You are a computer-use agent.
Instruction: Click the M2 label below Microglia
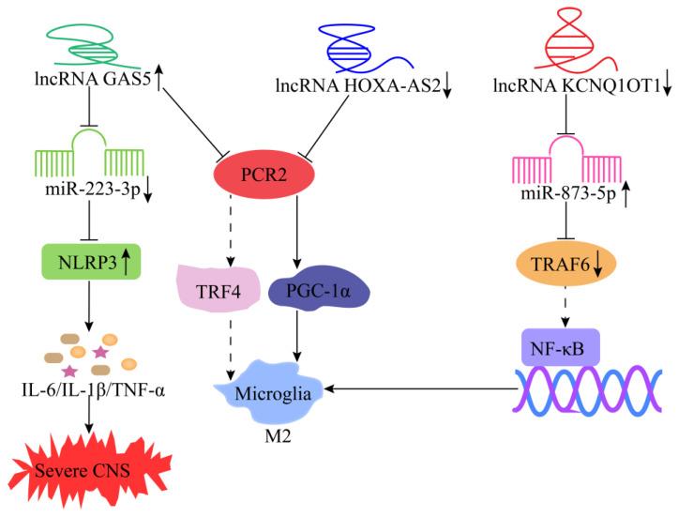pos(271,438)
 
